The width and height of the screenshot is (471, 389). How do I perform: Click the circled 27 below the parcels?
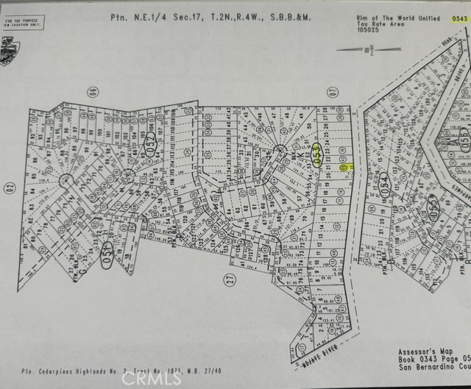coord(228,279)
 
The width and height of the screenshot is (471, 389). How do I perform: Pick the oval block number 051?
coord(108,231)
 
